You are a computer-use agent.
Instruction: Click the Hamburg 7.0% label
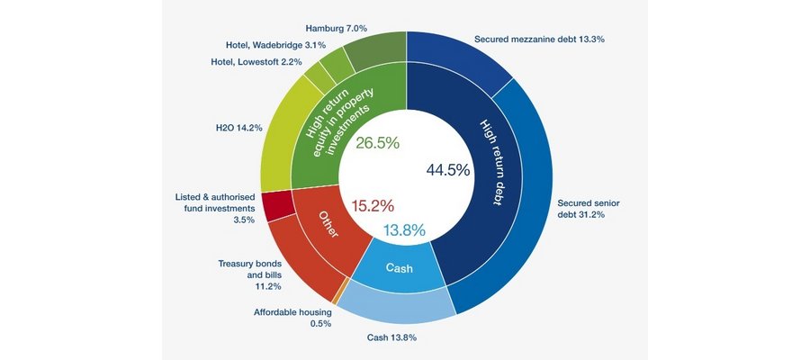pos(337,29)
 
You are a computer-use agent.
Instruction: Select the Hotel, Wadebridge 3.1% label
pos(276,46)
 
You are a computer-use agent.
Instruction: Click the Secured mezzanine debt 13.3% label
pos(540,39)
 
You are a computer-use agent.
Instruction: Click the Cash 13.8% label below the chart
pos(391,337)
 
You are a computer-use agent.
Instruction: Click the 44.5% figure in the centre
pos(448,169)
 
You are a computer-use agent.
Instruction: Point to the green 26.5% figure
pos(378,143)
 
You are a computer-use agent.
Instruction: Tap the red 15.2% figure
pos(373,206)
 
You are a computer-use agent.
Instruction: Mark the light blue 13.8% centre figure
pos(404,230)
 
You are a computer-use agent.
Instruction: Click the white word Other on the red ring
pos(328,224)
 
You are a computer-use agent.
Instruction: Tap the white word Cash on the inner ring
pos(400,268)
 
